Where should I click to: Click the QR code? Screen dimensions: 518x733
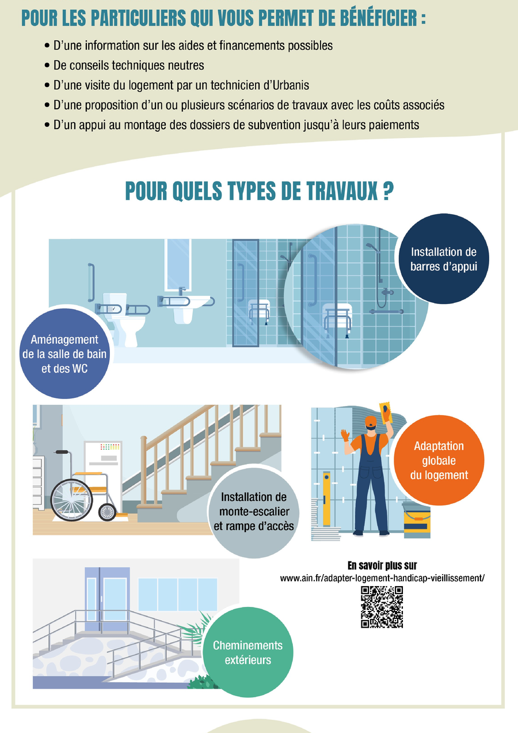tap(382, 607)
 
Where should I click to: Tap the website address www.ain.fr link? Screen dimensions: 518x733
tap(382, 578)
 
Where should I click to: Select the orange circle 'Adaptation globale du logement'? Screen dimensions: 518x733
tap(439, 460)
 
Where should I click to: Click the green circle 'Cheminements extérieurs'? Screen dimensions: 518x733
tap(248, 652)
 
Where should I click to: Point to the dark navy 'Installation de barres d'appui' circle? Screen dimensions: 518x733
tap(444, 259)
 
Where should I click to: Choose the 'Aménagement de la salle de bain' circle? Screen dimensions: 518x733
tap(64, 354)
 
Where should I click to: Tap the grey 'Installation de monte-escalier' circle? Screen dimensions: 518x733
tap(254, 511)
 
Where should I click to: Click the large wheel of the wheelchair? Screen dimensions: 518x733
tap(71, 500)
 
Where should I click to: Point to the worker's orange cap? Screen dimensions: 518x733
tap(370, 421)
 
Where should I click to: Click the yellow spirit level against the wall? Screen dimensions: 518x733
tap(326, 499)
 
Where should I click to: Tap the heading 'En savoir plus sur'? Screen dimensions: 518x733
tap(382, 565)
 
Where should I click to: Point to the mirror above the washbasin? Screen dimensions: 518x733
tap(178, 264)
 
